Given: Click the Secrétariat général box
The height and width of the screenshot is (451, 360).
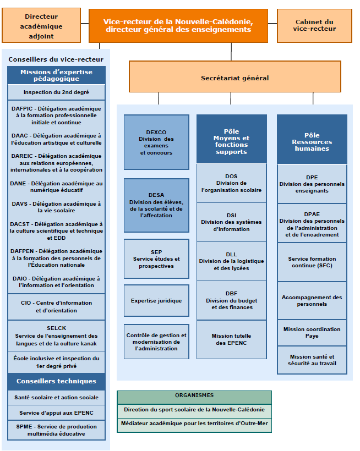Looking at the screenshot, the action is (x=235, y=76).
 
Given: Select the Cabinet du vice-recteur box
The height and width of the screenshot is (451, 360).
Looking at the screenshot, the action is (x=314, y=26).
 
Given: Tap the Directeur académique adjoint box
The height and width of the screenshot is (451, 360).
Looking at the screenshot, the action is (x=41, y=25).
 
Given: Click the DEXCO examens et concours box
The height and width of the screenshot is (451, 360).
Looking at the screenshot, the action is (x=156, y=142).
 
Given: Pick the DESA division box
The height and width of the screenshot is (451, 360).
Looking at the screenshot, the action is (x=156, y=205).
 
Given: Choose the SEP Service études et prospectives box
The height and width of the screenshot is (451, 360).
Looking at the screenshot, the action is (x=156, y=258).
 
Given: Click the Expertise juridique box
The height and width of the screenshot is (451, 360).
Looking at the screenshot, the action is (x=156, y=300).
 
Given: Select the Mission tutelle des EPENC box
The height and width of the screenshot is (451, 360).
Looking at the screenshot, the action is (x=231, y=339).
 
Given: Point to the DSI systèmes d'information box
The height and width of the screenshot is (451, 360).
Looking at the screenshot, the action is (x=231, y=222).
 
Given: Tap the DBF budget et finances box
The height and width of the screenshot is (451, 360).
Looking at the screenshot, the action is (x=231, y=300).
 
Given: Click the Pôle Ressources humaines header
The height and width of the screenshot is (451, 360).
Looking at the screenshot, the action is (x=312, y=140).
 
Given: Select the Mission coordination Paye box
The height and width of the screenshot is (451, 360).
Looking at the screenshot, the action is (x=312, y=333).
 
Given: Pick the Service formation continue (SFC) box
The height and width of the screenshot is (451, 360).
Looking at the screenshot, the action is (x=312, y=262).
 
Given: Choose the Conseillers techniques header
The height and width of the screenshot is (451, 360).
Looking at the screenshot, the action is (x=56, y=381).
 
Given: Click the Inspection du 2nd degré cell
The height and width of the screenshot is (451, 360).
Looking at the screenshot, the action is (x=56, y=92).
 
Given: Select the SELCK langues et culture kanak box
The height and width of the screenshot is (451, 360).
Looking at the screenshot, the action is (x=56, y=335).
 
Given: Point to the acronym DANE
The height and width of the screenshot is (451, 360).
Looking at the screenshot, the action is (x=18, y=184).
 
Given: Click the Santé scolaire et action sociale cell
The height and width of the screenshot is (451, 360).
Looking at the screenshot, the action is (x=56, y=398).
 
